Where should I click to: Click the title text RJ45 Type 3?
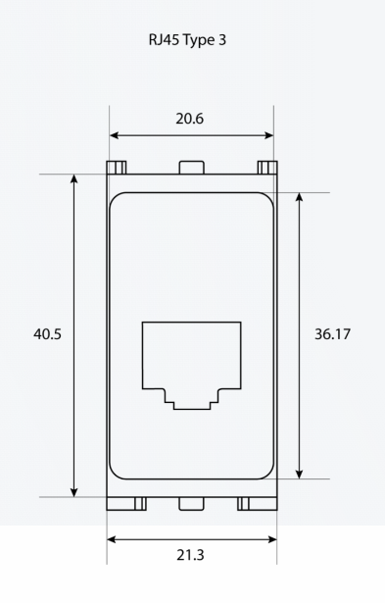click(x=187, y=40)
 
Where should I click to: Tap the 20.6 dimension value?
click(x=190, y=119)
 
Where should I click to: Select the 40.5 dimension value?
click(x=47, y=333)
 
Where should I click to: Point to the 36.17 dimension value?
click(x=332, y=333)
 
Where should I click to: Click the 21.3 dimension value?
click(x=190, y=555)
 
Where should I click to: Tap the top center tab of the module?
click(x=191, y=168)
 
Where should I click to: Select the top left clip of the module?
click(x=117, y=168)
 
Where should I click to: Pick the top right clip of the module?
click(x=267, y=168)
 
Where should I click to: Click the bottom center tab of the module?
click(x=191, y=504)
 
